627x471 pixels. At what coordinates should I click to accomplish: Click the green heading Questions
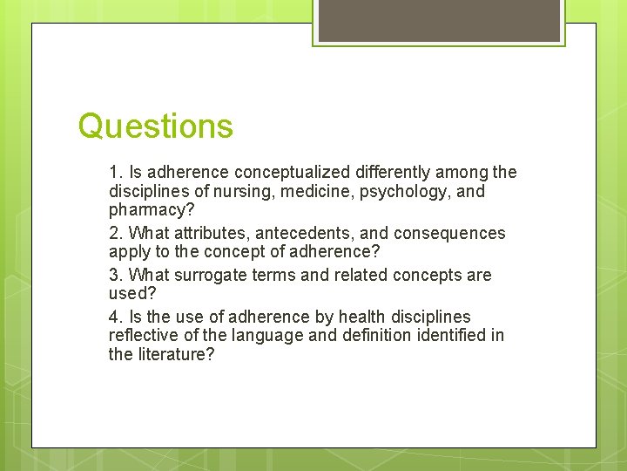pos(155,126)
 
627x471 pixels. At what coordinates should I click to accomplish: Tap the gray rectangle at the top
pos(439,20)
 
